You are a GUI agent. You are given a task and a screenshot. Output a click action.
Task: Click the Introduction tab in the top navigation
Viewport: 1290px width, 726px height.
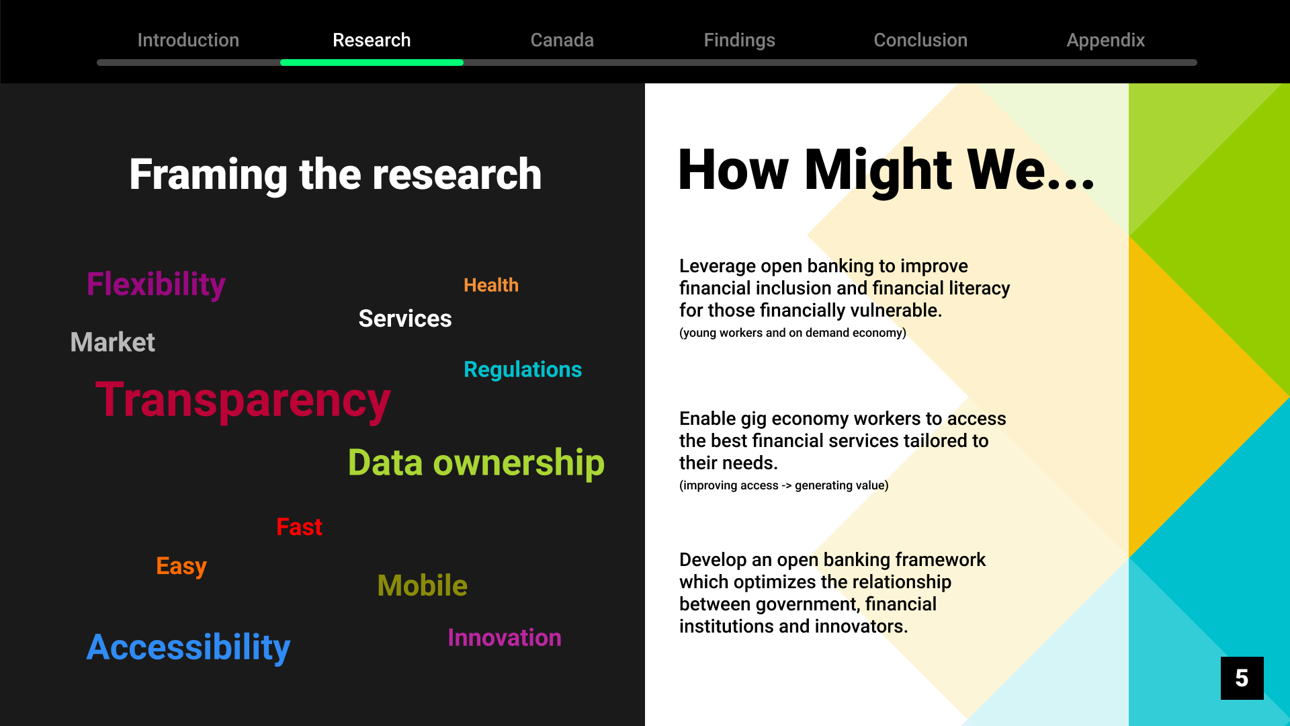[x=188, y=40]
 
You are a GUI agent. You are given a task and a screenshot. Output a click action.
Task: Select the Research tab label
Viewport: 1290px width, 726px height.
[x=372, y=40]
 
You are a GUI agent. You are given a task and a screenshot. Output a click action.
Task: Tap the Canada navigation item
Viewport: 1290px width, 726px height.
[x=562, y=40]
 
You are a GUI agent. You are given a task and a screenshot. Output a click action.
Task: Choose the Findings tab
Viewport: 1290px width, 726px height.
[x=739, y=41]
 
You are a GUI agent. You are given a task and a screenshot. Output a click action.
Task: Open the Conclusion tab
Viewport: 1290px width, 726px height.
[x=920, y=40]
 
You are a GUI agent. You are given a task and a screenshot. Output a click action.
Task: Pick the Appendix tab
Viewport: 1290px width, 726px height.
[x=1106, y=41]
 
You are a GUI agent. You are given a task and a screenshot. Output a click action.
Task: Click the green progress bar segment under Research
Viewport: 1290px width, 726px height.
[x=372, y=63]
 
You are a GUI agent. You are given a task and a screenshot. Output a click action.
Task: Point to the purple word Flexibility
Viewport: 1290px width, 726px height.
[x=156, y=285]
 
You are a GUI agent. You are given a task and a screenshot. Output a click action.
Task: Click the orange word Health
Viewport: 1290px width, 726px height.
[x=491, y=285]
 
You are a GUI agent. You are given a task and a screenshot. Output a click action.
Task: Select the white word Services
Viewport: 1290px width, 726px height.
[x=405, y=319]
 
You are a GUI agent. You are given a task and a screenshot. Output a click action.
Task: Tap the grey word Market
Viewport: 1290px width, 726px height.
[x=113, y=342]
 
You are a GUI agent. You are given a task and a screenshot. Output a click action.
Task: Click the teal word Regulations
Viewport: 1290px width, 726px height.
[x=523, y=370]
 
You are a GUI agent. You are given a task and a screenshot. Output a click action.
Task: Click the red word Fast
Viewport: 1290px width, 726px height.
[x=300, y=527]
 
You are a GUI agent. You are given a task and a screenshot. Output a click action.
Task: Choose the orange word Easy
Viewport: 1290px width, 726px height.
[x=181, y=567]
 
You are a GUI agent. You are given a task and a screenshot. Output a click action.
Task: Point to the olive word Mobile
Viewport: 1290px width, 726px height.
[x=423, y=586]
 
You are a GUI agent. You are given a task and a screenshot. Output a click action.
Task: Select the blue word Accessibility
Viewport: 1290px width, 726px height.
[x=188, y=648]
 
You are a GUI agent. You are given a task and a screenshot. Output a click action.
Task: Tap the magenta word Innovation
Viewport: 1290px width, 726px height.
[x=505, y=638]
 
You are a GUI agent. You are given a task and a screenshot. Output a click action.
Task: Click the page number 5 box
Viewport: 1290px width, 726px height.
[x=1242, y=678]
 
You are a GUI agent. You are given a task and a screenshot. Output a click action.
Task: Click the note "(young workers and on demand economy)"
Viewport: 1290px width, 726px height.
[x=793, y=333]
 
